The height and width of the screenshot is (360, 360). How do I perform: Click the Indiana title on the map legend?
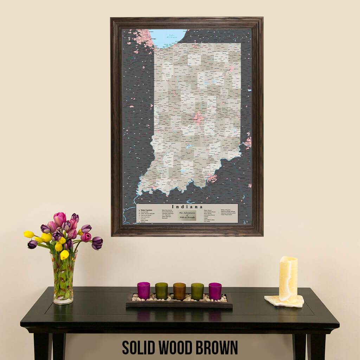point(187,207)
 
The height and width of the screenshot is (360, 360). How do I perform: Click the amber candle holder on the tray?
point(179,291)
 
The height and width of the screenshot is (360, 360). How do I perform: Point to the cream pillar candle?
point(288,279)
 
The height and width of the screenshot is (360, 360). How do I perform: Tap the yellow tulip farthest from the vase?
point(29,234)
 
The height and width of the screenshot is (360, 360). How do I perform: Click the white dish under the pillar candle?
point(284,301)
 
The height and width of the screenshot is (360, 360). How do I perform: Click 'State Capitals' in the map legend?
point(147,210)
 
